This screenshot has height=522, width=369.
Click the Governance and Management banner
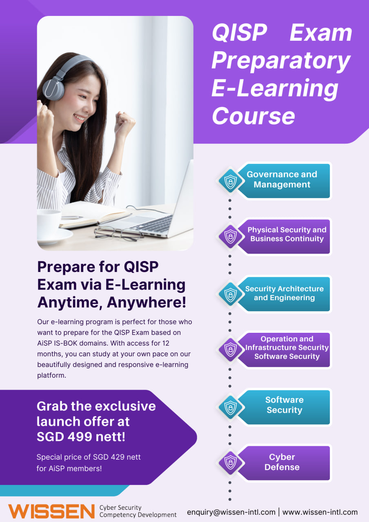click(283, 181)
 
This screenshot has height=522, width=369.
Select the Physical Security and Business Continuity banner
click(283, 236)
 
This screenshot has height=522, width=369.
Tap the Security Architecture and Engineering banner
click(283, 294)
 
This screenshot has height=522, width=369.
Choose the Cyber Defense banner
click(283, 463)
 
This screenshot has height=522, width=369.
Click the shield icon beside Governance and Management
click(231, 181)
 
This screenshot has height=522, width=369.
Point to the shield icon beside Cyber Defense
click(231, 462)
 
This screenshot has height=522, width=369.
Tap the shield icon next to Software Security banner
click(231, 407)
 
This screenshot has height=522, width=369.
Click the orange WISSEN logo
click(51, 511)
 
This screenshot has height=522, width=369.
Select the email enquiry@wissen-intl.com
click(231, 512)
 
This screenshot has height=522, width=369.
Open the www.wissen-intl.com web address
click(320, 512)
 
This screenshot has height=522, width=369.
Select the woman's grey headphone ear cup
click(53, 88)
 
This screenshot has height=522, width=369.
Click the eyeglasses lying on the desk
click(118, 233)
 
